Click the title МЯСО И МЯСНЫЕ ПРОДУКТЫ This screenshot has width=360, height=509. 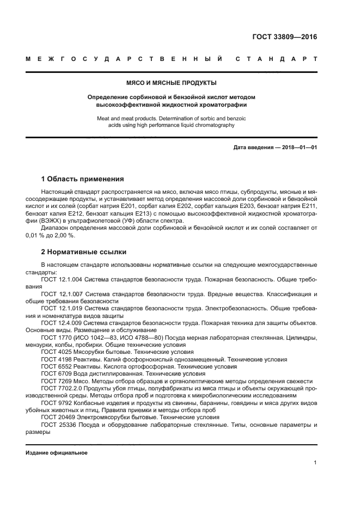point(172,83)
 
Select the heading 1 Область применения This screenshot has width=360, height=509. point(82,179)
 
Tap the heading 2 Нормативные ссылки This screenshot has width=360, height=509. point(84,252)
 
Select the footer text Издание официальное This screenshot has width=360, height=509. point(56,452)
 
